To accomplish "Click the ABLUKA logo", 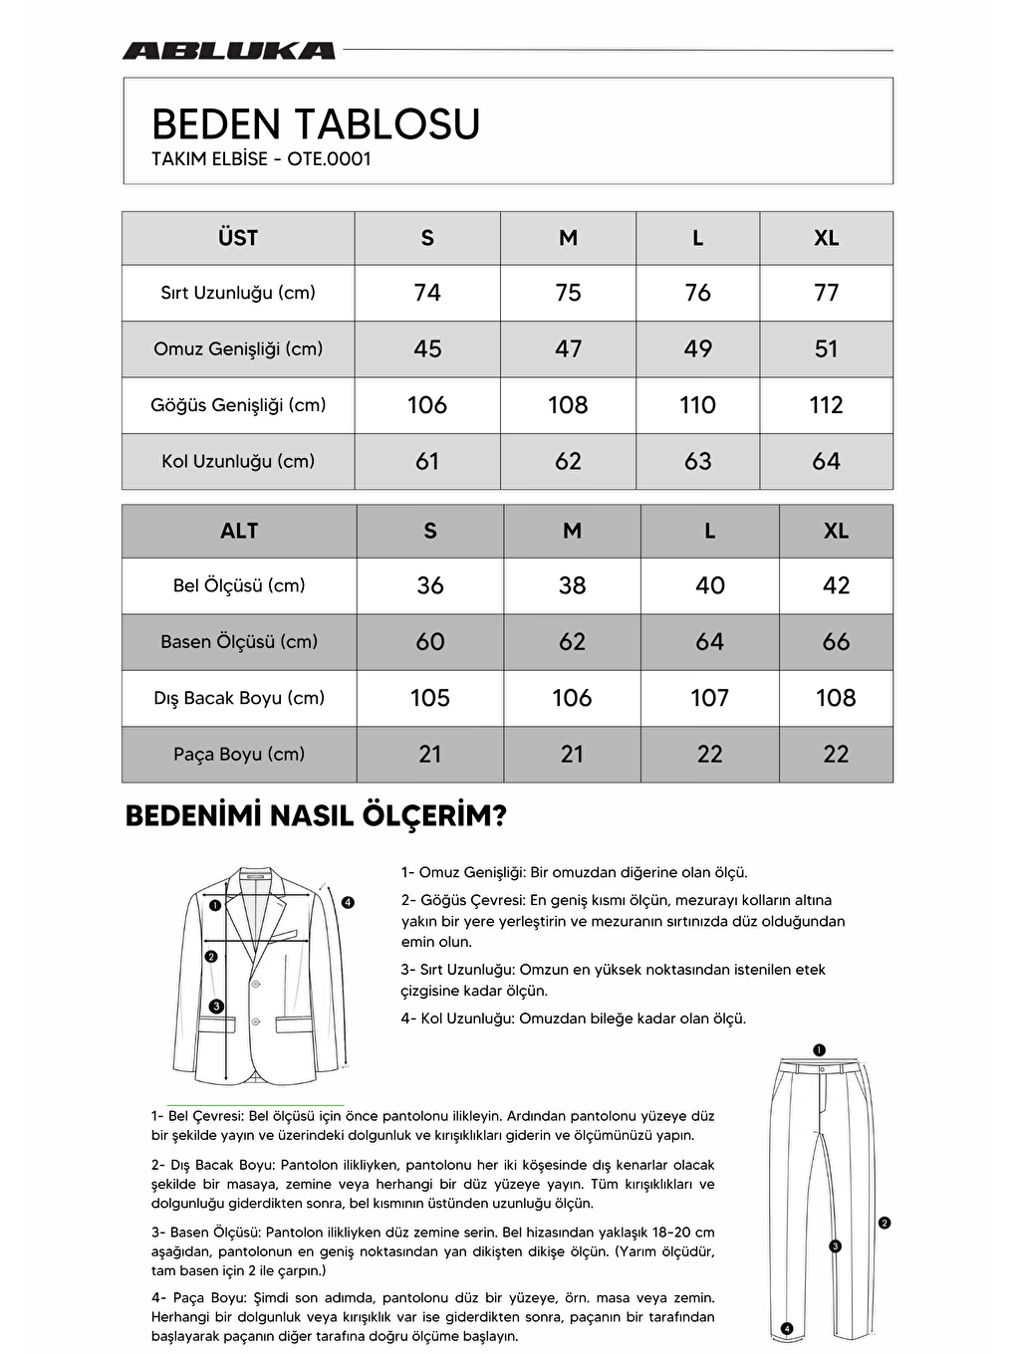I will tap(228, 51).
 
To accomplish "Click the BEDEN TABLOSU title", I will tap(315, 124).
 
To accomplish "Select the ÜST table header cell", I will tap(238, 238).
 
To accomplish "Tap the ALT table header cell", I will tap(239, 531).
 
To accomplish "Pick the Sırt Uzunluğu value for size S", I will tap(427, 293).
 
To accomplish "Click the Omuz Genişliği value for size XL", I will tap(826, 348).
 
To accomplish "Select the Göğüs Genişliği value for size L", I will tap(697, 405).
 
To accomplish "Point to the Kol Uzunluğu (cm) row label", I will tap(238, 461).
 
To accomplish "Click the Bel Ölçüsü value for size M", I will tap(572, 585).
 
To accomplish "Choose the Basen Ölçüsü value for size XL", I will tap(836, 642).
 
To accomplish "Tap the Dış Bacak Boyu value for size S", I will tap(430, 698).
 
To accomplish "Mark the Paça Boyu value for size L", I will tap(709, 755).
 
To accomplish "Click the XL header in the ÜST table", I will tap(826, 238).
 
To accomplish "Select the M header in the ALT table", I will tap(572, 531).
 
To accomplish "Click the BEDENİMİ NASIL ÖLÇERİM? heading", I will tap(316, 815).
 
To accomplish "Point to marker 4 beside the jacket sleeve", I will tap(348, 903).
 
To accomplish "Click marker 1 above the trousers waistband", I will tap(819, 1049).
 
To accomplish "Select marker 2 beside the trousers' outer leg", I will tap(885, 1223).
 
